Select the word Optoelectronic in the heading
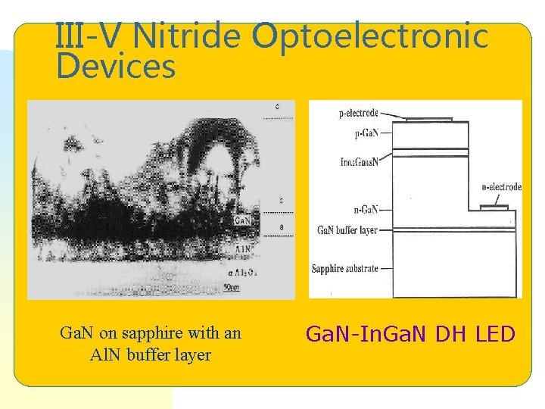tap(371, 36)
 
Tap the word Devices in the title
tap(116, 67)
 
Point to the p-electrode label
tap(358, 114)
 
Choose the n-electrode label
tap(501, 186)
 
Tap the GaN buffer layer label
tap(347, 229)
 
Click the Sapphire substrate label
tap(344, 269)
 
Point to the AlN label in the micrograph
tap(243, 247)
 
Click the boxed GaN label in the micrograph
tap(241, 221)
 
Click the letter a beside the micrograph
tap(282, 226)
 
